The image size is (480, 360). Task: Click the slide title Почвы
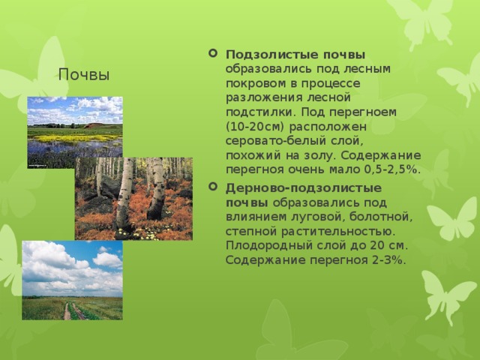(83, 74)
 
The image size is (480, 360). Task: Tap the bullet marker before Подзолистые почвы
(213, 53)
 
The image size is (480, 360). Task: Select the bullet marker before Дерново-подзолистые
(213, 186)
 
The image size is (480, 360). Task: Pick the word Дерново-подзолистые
(304, 188)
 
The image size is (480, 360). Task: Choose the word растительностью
(338, 232)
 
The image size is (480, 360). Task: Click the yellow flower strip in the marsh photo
(73, 138)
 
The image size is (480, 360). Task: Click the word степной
(252, 232)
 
